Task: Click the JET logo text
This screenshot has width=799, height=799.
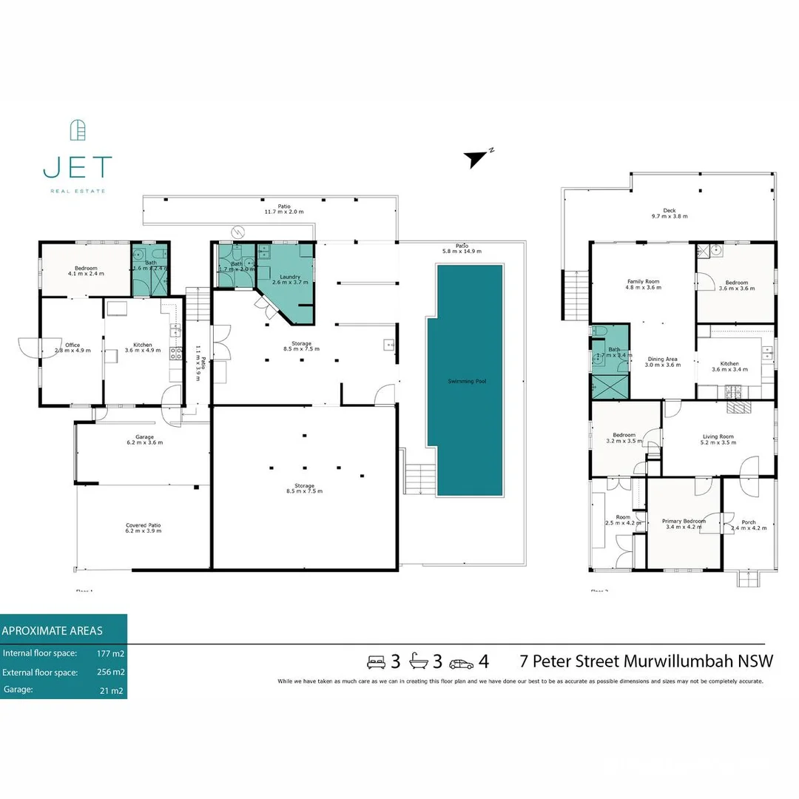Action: pos(77,167)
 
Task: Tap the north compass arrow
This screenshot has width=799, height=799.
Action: pos(475,158)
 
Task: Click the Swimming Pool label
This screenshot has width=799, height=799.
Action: pos(467,381)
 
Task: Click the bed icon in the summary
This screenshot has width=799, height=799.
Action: pos(377,661)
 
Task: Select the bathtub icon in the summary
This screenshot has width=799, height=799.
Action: pos(419,661)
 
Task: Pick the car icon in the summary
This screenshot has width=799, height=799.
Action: pos(461,662)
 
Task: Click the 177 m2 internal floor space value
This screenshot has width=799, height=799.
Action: pos(110,654)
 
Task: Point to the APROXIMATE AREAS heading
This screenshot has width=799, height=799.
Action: pos(53,631)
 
